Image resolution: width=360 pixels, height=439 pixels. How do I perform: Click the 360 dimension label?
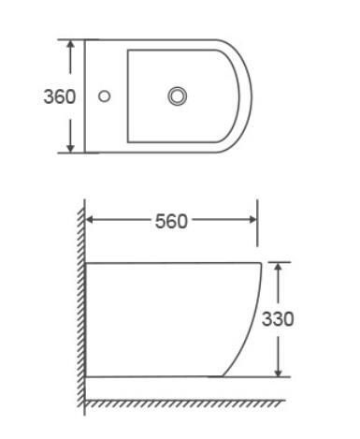60,96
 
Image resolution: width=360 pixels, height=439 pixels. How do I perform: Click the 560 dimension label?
171,221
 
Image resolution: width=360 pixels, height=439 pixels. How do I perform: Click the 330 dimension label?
278,319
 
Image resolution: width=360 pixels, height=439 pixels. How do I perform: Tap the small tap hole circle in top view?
104,96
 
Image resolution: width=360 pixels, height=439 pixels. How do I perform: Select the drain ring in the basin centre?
178,95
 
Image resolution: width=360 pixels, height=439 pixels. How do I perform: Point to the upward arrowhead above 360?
71,45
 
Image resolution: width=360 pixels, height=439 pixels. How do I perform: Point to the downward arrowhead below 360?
71,148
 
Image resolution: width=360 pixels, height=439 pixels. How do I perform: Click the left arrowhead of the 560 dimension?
91,220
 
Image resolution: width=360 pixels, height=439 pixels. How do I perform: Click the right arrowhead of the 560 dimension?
252,220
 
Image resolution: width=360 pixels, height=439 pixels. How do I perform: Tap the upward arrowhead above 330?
279,268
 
